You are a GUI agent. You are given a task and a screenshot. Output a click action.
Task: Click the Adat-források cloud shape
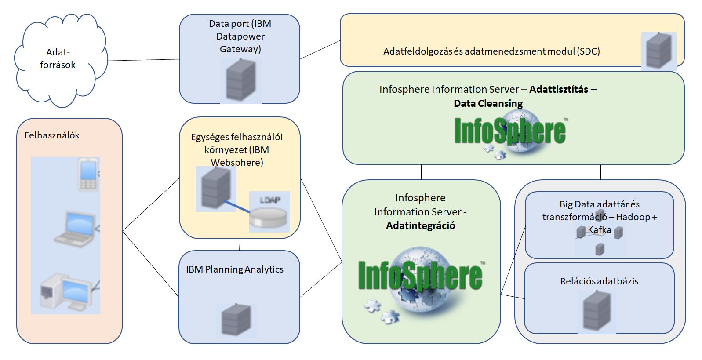pyautogui.click(x=59, y=59)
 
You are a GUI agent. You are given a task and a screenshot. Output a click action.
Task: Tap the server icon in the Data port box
pyautogui.click(x=240, y=80)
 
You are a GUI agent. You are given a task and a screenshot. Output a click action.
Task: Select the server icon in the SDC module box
pyautogui.click(x=658, y=51)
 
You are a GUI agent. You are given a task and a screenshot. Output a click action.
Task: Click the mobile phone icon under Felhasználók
pyautogui.click(x=88, y=175)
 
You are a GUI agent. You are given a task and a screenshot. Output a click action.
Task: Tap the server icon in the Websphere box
pyautogui.click(x=215, y=189)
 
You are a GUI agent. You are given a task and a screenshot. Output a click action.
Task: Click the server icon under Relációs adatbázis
pyautogui.click(x=597, y=311)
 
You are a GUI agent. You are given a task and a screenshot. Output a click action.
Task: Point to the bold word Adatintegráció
pyautogui.click(x=421, y=226)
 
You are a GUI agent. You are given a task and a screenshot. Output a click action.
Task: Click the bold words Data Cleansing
pyautogui.click(x=488, y=104)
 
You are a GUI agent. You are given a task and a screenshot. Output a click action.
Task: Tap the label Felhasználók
pyautogui.click(x=52, y=135)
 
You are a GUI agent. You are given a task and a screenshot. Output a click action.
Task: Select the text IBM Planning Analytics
pyautogui.click(x=234, y=269)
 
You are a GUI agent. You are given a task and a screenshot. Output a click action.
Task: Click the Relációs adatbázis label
pyautogui.click(x=599, y=281)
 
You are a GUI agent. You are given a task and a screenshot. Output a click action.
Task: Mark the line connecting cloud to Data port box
pyautogui.click(x=143, y=60)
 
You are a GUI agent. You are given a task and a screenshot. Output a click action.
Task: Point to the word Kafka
pyautogui.click(x=600, y=230)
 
